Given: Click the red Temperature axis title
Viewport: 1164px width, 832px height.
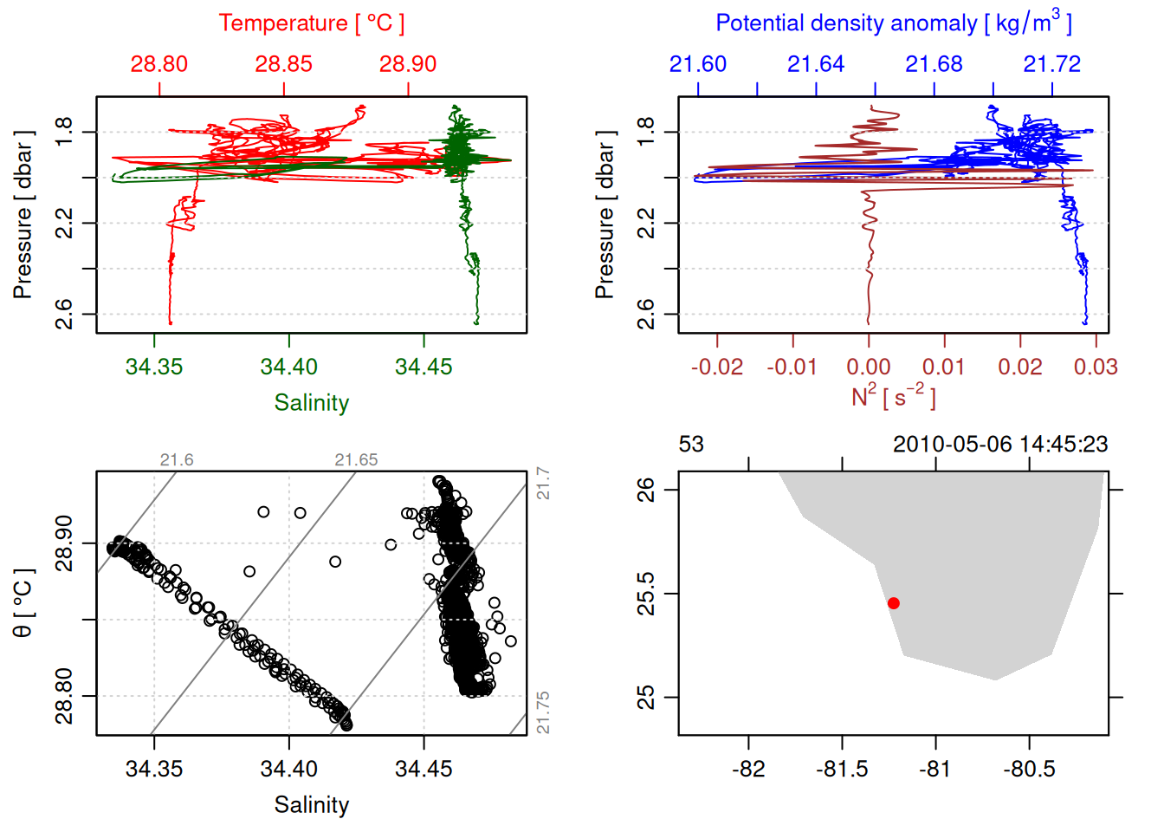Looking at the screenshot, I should [x=311, y=23].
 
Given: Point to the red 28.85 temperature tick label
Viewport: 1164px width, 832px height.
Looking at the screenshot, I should [x=283, y=64].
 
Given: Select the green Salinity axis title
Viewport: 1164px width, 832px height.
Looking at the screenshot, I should [x=311, y=403].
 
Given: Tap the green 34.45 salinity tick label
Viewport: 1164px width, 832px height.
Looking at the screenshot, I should [x=424, y=367].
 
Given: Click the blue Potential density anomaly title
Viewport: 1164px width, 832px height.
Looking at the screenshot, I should [x=893, y=23].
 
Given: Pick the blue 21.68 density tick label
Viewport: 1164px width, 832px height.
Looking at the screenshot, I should [x=934, y=64].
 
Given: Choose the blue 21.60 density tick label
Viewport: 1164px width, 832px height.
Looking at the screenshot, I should [x=698, y=64].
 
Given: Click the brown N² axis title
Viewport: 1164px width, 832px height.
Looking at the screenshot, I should [x=893, y=396].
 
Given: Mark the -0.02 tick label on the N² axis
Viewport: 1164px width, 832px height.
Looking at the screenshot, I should [x=717, y=367].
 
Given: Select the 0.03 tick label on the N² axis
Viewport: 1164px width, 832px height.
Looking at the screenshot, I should [x=1096, y=367].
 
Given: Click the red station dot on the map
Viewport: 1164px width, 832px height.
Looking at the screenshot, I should [x=894, y=603].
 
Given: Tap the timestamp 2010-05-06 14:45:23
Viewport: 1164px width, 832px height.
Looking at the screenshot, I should [x=1000, y=445].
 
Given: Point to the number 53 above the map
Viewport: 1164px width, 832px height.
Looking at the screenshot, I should [x=691, y=445].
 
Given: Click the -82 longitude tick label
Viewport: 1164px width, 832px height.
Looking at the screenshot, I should [x=748, y=769].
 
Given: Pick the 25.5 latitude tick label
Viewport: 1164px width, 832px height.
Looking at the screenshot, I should [x=646, y=594].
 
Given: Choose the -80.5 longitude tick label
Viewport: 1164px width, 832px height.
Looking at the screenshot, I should [x=1029, y=769].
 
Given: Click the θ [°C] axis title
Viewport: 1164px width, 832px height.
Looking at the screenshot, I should [x=23, y=603].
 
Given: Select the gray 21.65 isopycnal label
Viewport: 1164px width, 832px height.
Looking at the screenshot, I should [x=356, y=460].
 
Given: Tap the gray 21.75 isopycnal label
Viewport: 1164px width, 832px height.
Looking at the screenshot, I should [x=543, y=712].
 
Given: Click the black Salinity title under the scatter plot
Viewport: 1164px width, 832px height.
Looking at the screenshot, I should [x=311, y=805].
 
